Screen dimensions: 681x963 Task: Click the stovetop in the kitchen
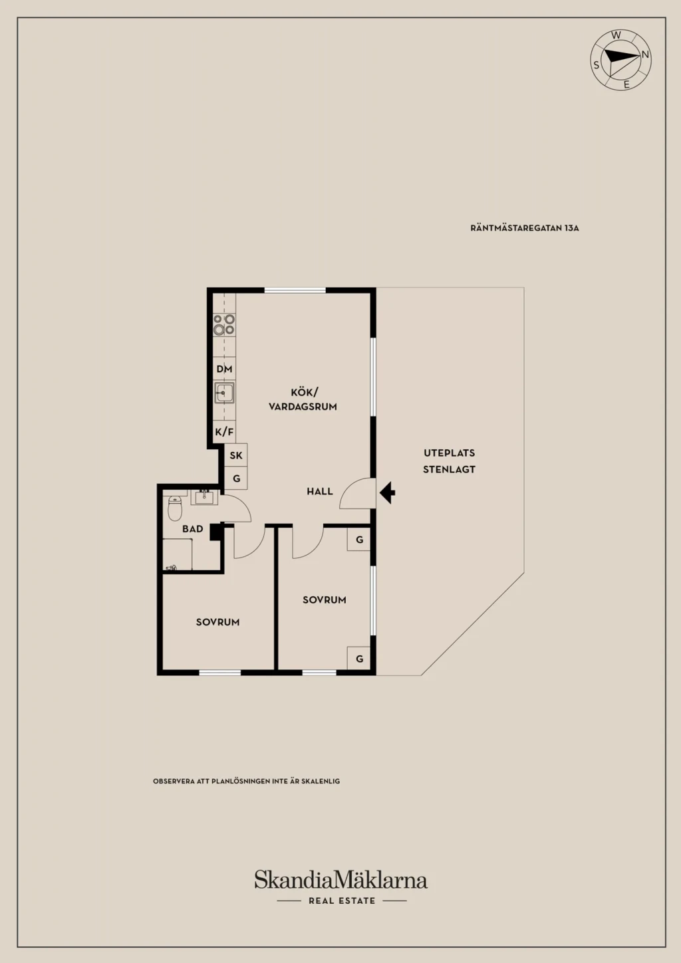[x=224, y=325]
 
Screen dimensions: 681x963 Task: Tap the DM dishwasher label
[x=224, y=369]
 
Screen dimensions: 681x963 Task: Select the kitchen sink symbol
[x=224, y=393]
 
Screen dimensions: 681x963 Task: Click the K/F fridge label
[x=224, y=431]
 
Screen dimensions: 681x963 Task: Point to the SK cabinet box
[x=235, y=455]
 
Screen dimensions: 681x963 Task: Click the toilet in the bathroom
[x=175, y=508]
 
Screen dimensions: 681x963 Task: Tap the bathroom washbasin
[x=204, y=497]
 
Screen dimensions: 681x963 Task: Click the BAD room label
[x=193, y=529]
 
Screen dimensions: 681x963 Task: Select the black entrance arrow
[x=387, y=492]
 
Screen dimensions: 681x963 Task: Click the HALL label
[x=320, y=491]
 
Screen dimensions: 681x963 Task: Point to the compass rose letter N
[x=645, y=54]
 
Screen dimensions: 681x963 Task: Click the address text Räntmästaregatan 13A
[x=525, y=228]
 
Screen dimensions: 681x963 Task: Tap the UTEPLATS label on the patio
[x=449, y=453]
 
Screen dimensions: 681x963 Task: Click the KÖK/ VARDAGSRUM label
[x=303, y=399]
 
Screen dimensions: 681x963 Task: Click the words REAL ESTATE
[x=342, y=901]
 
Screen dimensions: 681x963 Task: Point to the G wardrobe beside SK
[x=236, y=478]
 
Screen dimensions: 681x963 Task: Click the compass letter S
[x=597, y=65]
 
